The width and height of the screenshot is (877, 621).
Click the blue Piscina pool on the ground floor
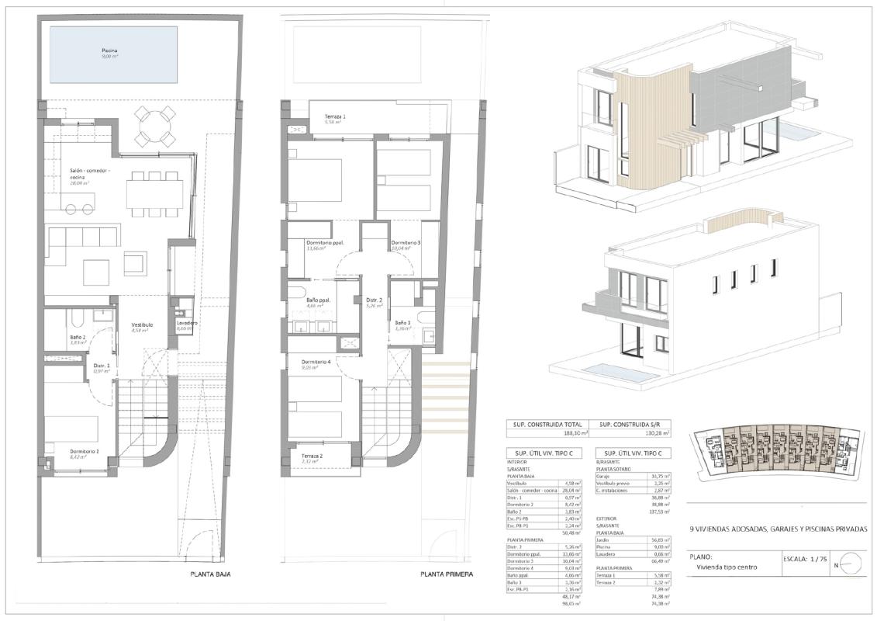click(113, 54)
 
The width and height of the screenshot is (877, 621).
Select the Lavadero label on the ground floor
click(186, 323)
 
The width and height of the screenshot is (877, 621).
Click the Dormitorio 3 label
click(406, 243)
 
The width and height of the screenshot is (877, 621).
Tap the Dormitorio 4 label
click(317, 363)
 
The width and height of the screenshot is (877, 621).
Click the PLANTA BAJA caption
click(210, 575)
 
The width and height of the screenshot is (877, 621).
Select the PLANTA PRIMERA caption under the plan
click(447, 575)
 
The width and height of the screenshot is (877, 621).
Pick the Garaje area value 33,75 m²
click(659, 476)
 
